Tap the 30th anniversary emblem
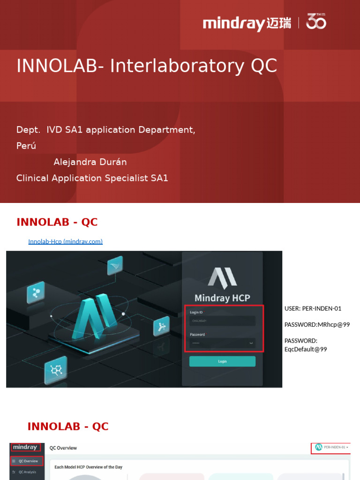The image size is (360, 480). coord(316,22)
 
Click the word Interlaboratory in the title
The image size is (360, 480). coord(177,67)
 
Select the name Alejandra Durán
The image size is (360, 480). coord(90,162)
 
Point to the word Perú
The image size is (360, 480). coord(26,146)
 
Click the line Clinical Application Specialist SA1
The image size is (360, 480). coord(92,178)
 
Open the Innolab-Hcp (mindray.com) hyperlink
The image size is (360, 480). coord(65,242)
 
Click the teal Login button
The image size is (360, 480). coord(222,361)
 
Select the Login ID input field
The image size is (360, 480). coord(222,321)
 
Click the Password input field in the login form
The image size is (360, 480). coord(222,343)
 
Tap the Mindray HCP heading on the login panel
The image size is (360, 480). coord(222,298)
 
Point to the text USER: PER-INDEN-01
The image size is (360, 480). coord(313,308)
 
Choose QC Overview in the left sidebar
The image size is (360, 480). coord(28,461)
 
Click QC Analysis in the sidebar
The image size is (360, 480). coord(27,472)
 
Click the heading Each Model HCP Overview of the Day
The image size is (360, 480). coord(89,467)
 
